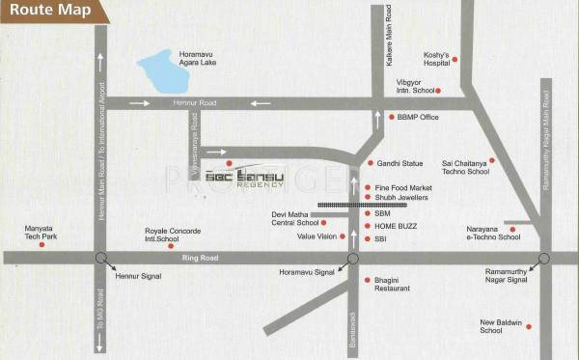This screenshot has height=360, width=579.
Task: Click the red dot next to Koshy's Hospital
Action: [455, 60]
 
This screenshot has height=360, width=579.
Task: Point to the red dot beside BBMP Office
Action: [392, 117]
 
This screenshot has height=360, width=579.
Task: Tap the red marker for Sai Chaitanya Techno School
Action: [492, 160]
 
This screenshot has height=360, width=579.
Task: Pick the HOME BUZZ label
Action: [396, 225]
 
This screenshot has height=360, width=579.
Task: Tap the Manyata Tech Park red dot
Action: [41, 245]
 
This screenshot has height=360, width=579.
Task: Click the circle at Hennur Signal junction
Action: [100, 259]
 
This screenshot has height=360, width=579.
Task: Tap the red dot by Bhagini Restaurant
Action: [368, 280]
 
